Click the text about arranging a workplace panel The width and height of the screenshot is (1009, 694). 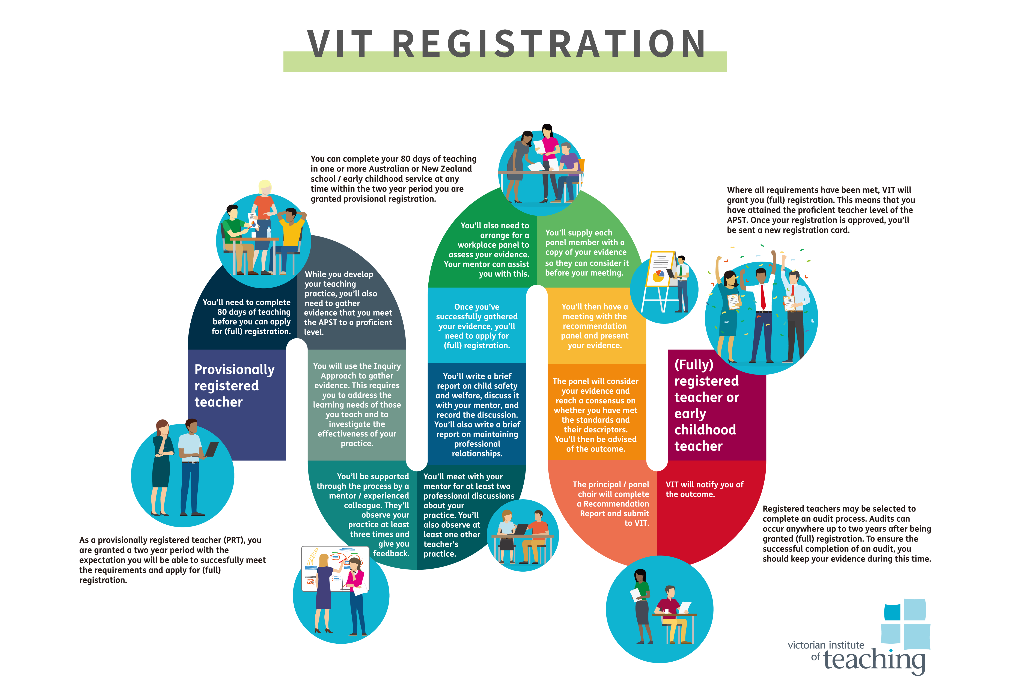point(489,250)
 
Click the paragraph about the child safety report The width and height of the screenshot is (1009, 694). point(477,414)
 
